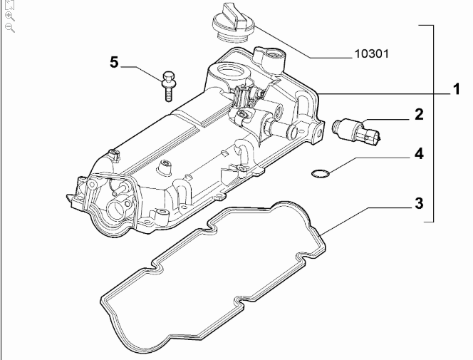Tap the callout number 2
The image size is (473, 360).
419,114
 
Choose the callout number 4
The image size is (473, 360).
419,153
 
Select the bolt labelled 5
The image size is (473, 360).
169,85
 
